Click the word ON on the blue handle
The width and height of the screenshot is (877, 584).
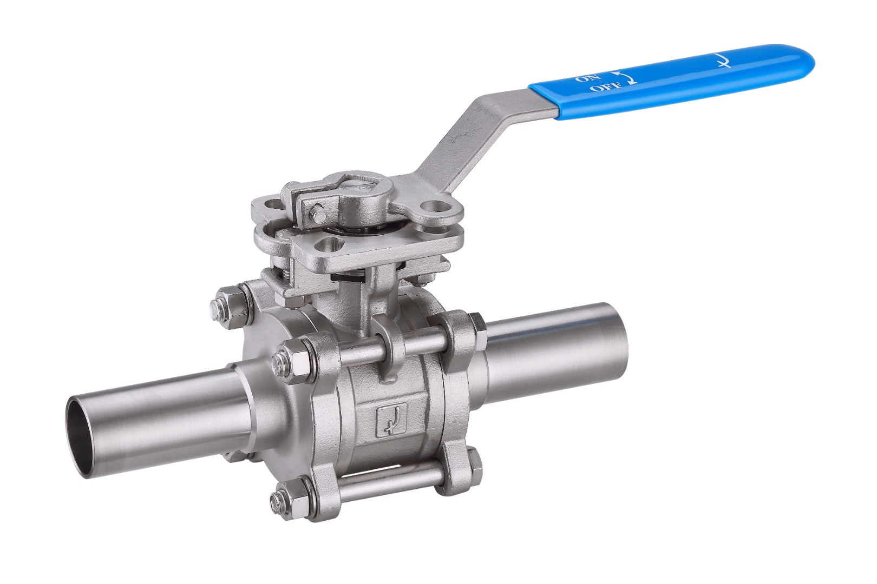pyautogui.click(x=583, y=77)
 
